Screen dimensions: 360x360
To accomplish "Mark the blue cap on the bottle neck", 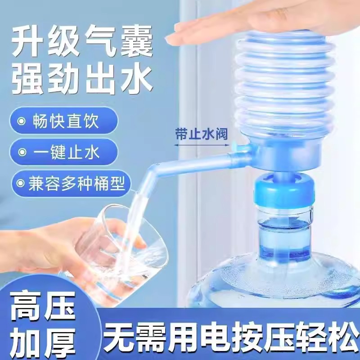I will click(x=279, y=192).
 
